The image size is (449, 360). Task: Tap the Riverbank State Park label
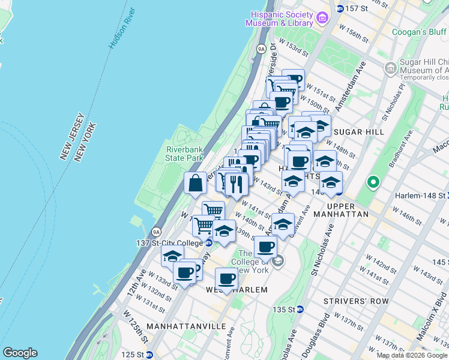[184, 153]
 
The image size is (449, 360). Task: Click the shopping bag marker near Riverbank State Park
[196, 184]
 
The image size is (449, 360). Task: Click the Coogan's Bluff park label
[420, 32]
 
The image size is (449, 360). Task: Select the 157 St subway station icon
[340, 8]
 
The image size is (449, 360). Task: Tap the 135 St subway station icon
[300, 310]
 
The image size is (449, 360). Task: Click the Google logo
[20, 353]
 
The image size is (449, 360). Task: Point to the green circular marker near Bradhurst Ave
[373, 181]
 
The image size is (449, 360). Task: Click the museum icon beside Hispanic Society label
[322, 18]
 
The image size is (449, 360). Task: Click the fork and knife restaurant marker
[237, 184]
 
